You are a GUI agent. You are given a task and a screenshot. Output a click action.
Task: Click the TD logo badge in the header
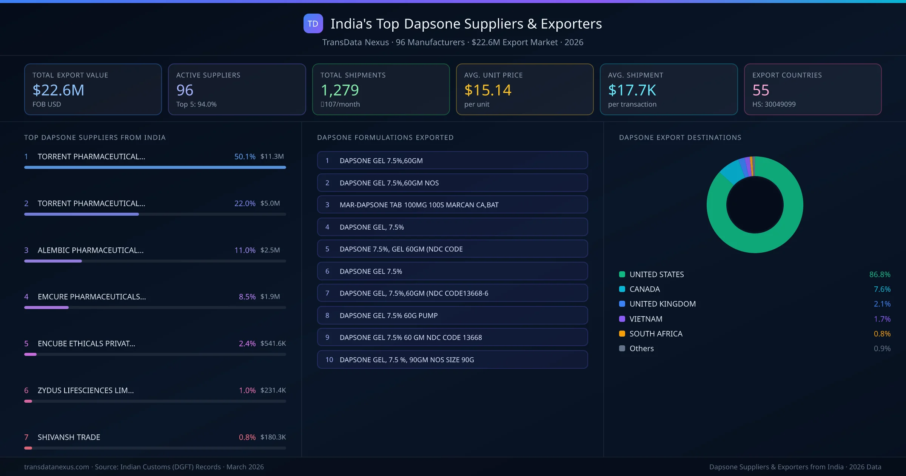click(313, 23)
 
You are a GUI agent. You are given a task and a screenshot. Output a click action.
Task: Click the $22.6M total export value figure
click(59, 90)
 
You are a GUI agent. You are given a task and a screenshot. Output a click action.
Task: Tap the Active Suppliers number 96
click(185, 90)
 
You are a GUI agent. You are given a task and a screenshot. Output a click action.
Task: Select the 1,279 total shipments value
click(339, 90)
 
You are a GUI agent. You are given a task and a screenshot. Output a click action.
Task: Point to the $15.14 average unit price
click(487, 90)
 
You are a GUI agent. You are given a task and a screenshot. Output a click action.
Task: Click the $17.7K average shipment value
click(632, 90)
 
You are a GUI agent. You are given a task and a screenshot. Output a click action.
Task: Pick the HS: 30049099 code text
click(773, 104)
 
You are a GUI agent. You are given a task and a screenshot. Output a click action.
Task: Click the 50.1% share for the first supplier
click(245, 156)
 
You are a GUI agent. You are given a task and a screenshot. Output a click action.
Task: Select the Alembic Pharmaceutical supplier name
click(91, 250)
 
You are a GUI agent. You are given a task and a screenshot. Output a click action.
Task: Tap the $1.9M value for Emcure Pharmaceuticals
click(270, 297)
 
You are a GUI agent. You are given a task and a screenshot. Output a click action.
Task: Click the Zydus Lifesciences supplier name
click(86, 390)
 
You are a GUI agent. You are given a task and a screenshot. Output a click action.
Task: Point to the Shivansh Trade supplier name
click(69, 437)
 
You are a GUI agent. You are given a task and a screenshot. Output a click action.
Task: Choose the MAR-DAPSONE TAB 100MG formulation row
click(452, 205)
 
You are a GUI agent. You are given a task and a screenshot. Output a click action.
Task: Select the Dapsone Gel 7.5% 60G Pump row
click(452, 315)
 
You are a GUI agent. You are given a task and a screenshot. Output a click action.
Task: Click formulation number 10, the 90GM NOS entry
click(452, 360)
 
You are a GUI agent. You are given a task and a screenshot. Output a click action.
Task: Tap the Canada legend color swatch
click(622, 289)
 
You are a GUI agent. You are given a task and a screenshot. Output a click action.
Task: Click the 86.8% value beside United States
click(880, 274)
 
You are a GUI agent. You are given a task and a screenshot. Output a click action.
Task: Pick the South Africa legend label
click(656, 334)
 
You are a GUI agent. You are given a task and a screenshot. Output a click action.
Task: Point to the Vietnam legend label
click(646, 319)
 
